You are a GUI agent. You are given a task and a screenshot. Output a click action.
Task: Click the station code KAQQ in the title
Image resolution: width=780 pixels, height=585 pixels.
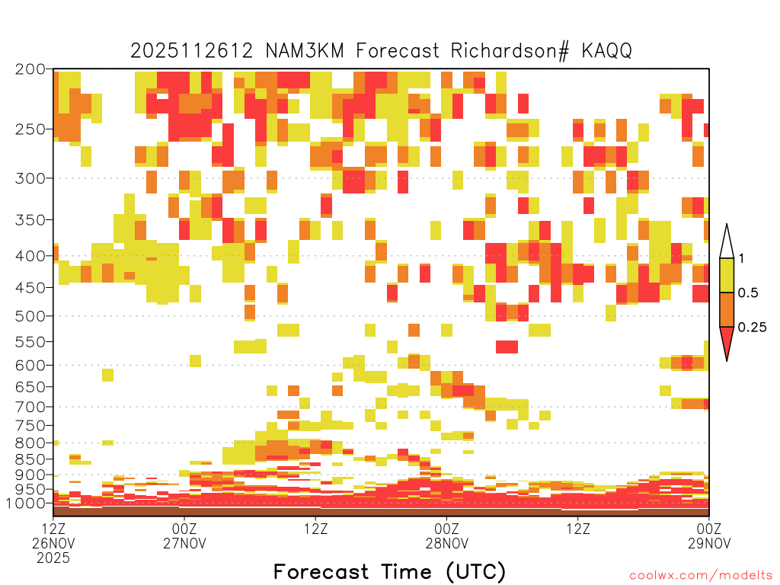coord(606,51)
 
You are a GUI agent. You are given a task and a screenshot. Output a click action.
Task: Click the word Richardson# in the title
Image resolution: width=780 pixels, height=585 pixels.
coord(510,51)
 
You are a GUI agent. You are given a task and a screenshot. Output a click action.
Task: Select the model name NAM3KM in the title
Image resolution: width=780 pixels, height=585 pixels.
coord(305,51)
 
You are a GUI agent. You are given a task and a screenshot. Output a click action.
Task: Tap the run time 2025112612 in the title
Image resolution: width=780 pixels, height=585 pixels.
coord(191,51)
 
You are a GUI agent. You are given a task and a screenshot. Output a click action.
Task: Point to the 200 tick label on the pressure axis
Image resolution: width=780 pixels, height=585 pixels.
coord(30,69)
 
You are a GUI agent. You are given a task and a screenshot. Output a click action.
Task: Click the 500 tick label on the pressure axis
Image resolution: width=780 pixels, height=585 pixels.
coord(30,316)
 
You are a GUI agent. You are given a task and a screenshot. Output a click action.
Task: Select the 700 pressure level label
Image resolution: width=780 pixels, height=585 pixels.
coord(30,407)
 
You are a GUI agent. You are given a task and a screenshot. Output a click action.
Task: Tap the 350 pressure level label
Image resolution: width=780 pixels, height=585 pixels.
coord(30,220)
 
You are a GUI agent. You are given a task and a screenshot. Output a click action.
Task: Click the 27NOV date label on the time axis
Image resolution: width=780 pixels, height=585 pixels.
coord(184,543)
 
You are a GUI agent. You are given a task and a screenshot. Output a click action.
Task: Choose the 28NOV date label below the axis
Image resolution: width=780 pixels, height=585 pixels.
coord(446,543)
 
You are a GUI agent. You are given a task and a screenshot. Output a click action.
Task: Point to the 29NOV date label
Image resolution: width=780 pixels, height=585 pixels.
coord(709,543)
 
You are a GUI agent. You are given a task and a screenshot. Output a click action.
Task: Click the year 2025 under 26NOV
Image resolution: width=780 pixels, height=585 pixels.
coord(53,558)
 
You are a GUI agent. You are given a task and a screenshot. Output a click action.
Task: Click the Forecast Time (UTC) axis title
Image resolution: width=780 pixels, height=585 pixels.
coord(389,571)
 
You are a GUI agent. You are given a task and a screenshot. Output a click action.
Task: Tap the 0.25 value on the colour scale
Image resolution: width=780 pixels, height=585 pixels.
coord(752,327)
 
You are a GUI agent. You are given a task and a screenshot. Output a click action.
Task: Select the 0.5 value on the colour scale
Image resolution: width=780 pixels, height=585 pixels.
coord(748,292)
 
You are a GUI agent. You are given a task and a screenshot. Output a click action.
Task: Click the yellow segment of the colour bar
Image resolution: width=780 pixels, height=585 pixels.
coord(727,275)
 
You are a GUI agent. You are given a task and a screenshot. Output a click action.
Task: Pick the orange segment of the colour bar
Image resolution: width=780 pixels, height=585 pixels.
coord(727,309)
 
